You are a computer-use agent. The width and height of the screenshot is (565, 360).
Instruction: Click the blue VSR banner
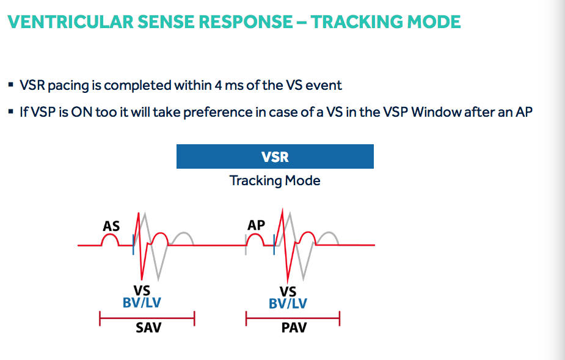[x=275, y=156]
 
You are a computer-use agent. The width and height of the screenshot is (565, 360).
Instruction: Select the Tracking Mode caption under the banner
[x=275, y=181]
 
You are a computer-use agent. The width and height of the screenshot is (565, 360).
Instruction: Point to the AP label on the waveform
[x=256, y=226]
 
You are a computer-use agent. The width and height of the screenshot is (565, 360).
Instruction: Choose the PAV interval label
[x=294, y=328]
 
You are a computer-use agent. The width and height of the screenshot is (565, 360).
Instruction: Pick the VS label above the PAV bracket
[x=288, y=292]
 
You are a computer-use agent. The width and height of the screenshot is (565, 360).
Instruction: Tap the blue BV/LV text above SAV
[x=142, y=303]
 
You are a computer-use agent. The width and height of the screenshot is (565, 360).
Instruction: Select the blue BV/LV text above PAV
[x=288, y=304]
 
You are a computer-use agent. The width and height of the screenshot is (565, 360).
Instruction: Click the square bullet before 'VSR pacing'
[x=12, y=86]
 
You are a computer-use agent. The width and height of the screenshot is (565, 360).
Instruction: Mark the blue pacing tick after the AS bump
[x=133, y=242]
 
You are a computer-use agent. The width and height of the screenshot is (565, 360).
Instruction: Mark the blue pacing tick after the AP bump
[x=274, y=244]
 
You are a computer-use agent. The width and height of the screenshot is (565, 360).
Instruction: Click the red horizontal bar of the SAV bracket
[x=147, y=318]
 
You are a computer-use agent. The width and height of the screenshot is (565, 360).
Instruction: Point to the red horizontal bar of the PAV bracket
[x=293, y=318]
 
